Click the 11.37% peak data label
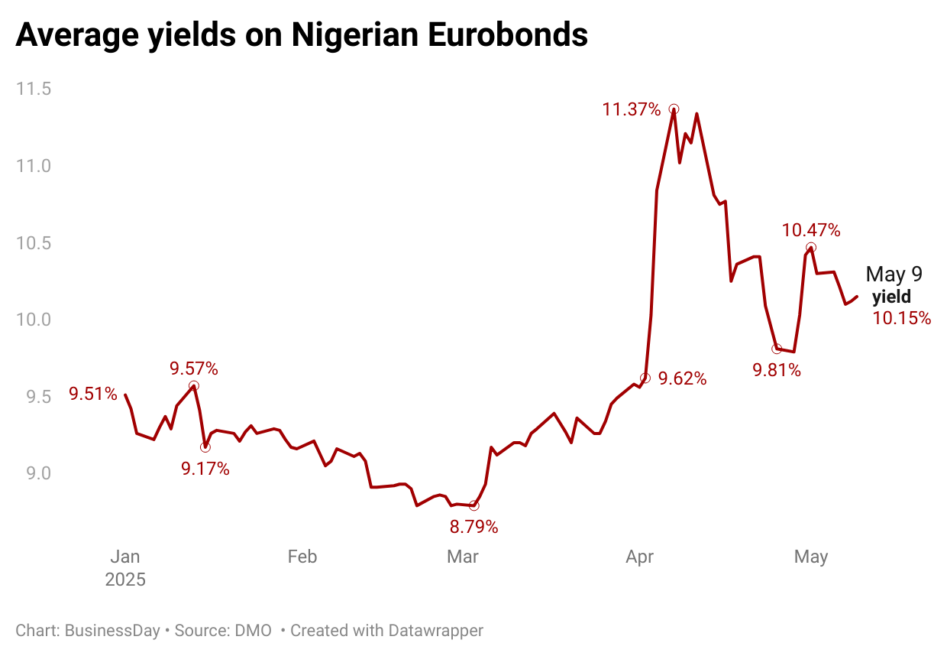coord(632,109)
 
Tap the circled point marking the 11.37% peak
coord(674,109)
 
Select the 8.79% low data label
coord(473,527)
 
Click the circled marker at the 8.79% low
coord(473,505)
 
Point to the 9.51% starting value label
coord(93,395)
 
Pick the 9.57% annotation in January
coord(194,369)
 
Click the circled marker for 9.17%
coord(205,447)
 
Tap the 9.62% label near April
coord(683,378)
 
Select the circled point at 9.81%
coord(777,349)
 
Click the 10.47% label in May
coord(810,230)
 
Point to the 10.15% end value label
coord(902,318)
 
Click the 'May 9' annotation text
coord(894,275)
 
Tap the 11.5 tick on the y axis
coord(34,89)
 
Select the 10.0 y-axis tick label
coord(34,320)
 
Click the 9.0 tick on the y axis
coord(34,473)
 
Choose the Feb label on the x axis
coord(302,557)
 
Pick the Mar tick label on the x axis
coord(463,557)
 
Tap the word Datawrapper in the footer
coord(436,631)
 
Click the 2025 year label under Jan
coord(125,579)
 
